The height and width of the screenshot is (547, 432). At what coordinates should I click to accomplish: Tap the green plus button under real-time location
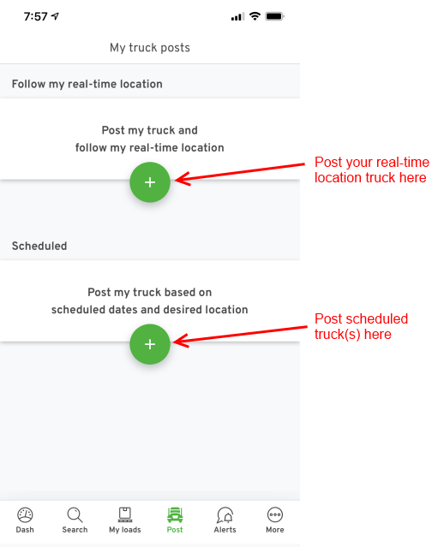coord(150,182)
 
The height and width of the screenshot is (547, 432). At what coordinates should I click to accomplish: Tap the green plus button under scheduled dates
coord(150,344)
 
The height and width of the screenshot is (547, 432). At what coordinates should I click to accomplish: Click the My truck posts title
coord(150,47)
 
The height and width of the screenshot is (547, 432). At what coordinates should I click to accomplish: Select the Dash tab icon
coord(25,514)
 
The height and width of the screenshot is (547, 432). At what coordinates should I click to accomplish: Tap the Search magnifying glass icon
coord(75,514)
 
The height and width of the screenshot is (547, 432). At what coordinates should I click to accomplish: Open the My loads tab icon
coord(124,514)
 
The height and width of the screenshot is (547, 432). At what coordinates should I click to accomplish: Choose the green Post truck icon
coord(175,514)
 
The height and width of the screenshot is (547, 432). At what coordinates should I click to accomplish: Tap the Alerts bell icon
coord(225,515)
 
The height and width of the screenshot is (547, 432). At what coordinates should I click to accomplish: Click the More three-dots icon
coord(275,514)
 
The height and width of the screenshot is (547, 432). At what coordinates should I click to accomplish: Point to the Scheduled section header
coord(39,246)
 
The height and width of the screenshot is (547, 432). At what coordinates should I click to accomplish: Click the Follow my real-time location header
coord(87,84)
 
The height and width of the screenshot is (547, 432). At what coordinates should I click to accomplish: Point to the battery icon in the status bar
coord(274,16)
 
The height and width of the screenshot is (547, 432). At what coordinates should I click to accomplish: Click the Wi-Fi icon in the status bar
coord(255,16)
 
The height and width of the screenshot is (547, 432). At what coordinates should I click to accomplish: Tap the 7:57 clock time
coord(35,16)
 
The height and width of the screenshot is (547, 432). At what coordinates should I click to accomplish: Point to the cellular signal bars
coord(237,17)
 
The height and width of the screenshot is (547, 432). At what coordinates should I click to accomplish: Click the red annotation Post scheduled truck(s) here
coord(361,326)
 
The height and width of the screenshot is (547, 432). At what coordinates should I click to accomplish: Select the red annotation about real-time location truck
coord(372,169)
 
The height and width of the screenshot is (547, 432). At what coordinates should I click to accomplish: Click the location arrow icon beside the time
coord(55,16)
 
